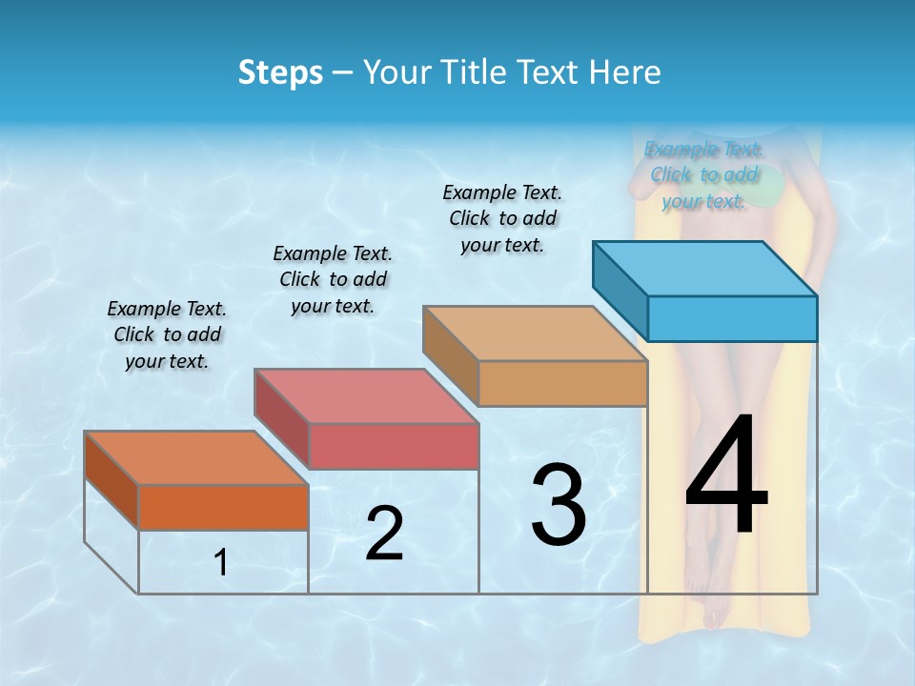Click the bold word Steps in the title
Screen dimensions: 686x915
coord(280,72)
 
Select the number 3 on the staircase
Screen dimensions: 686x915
coord(559,505)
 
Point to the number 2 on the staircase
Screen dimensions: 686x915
coord(384,534)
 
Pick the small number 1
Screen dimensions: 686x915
coord(221,562)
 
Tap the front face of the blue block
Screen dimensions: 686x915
coord(732,318)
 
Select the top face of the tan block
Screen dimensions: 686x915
coord(535,333)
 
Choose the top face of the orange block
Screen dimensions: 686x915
coord(196,458)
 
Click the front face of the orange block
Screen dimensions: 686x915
coord(223,507)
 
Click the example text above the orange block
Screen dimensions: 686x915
coord(167,334)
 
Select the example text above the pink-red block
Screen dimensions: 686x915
coord(333,279)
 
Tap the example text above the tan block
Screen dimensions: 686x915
coord(502,218)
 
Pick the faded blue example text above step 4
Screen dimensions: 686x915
coord(704,174)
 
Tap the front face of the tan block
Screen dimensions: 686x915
coord(562,384)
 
